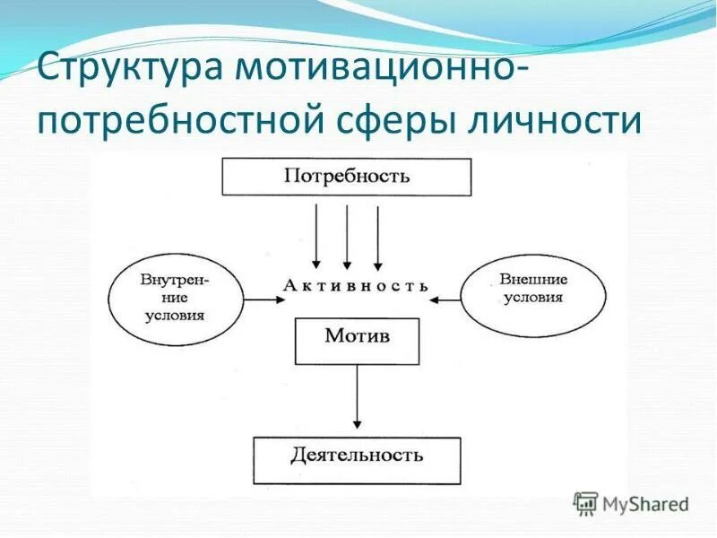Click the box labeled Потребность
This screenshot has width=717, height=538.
pos(346,177)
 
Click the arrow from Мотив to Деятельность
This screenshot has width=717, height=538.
pos(357,395)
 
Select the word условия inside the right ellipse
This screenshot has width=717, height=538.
pos(532,298)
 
